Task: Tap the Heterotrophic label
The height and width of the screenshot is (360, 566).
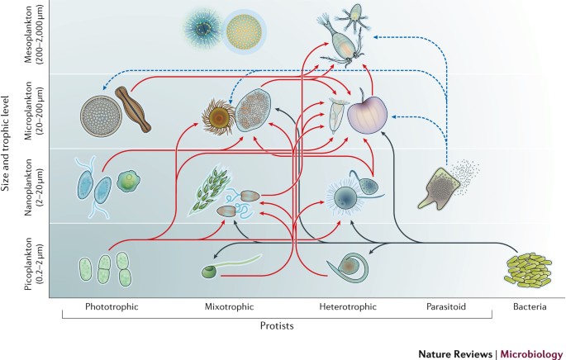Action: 348,307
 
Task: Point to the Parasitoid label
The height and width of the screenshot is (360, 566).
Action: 446,307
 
